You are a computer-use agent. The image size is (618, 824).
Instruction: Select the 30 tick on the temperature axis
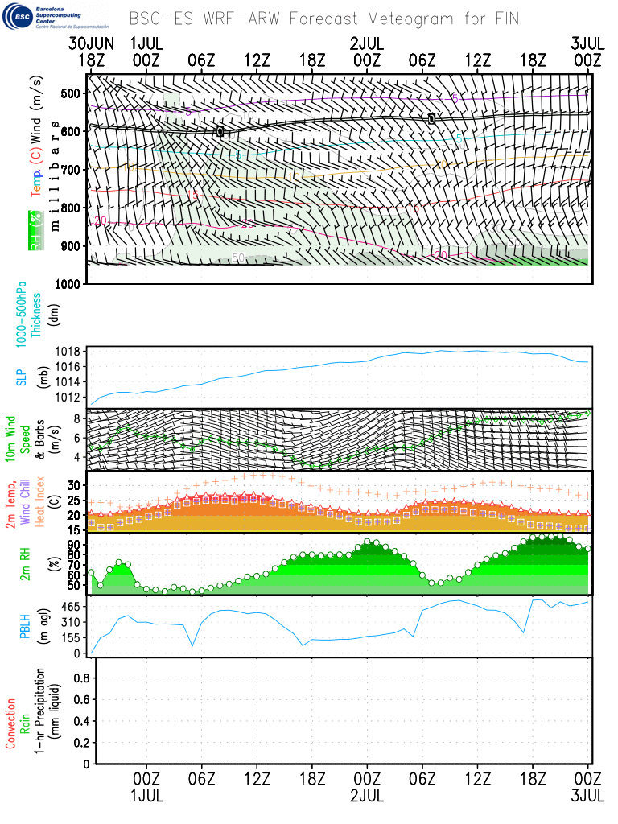point(75,485)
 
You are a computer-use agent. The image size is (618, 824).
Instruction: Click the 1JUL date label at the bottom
point(146,795)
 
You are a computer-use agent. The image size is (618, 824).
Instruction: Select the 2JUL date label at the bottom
point(367,795)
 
